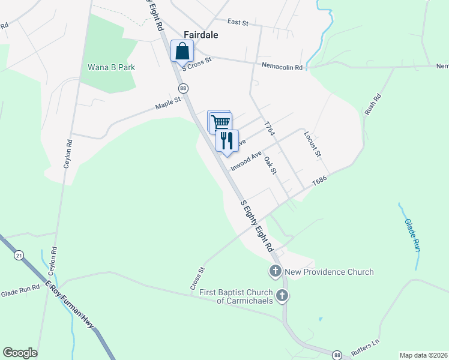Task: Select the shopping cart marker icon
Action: coord(220,122)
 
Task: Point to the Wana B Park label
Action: coord(111,67)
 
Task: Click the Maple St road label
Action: coord(168,104)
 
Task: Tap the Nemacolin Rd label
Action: coord(282,67)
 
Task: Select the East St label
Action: coord(238,22)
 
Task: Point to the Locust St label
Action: coord(313,145)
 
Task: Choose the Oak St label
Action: coord(270,166)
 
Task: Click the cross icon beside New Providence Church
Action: coord(276,271)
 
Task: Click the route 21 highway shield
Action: coord(19,256)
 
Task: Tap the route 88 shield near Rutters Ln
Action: coord(338,355)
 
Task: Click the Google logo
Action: coord(20,353)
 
